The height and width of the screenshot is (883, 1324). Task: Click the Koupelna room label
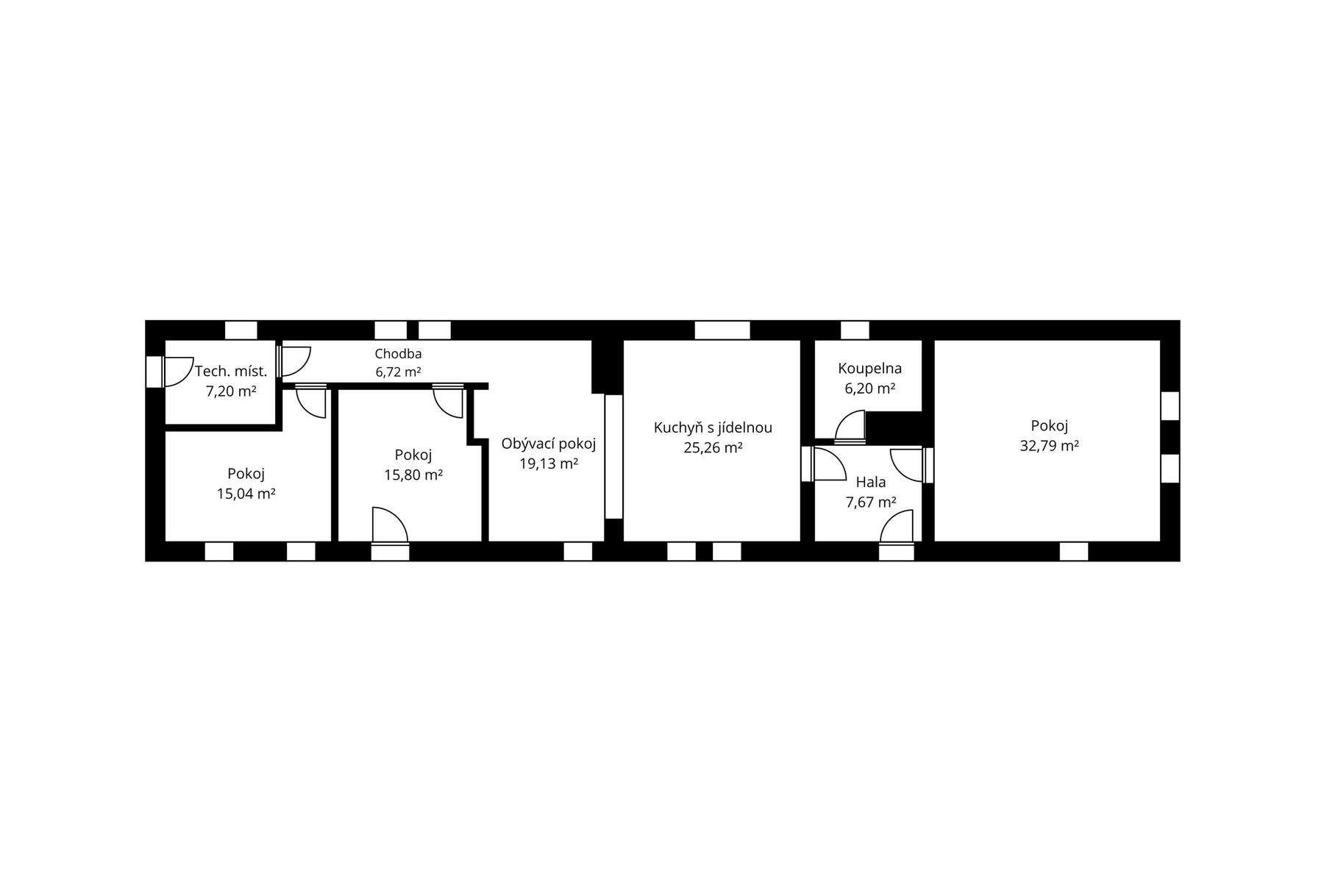pyautogui.click(x=869, y=369)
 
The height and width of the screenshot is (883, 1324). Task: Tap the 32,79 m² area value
pyautogui.click(x=1049, y=445)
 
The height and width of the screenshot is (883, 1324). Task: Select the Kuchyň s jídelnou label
pyautogui.click(x=713, y=428)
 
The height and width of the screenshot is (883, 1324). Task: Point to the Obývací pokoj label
pyautogui.click(x=548, y=444)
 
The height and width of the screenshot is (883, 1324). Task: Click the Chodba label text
pyautogui.click(x=398, y=354)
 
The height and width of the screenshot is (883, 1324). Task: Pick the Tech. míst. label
pyautogui.click(x=231, y=371)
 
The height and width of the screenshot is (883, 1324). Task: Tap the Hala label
pyautogui.click(x=871, y=483)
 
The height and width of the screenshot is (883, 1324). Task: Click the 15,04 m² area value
pyautogui.click(x=246, y=493)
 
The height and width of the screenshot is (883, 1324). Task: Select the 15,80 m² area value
pyautogui.click(x=413, y=475)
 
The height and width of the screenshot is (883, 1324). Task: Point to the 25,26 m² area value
pyautogui.click(x=713, y=447)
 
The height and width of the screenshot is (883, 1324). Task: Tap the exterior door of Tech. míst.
pyautogui.click(x=169, y=372)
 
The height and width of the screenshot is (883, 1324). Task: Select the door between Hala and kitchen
pyautogui.click(x=824, y=464)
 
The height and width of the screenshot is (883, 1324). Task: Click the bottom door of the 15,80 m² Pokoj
pyautogui.click(x=390, y=533)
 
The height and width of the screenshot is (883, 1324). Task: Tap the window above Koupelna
pyautogui.click(x=855, y=330)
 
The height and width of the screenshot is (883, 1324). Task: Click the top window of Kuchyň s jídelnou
pyautogui.click(x=722, y=330)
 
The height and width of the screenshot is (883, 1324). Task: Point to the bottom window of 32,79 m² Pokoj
pyautogui.click(x=1074, y=551)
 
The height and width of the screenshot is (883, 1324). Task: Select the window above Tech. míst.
pyautogui.click(x=241, y=330)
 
